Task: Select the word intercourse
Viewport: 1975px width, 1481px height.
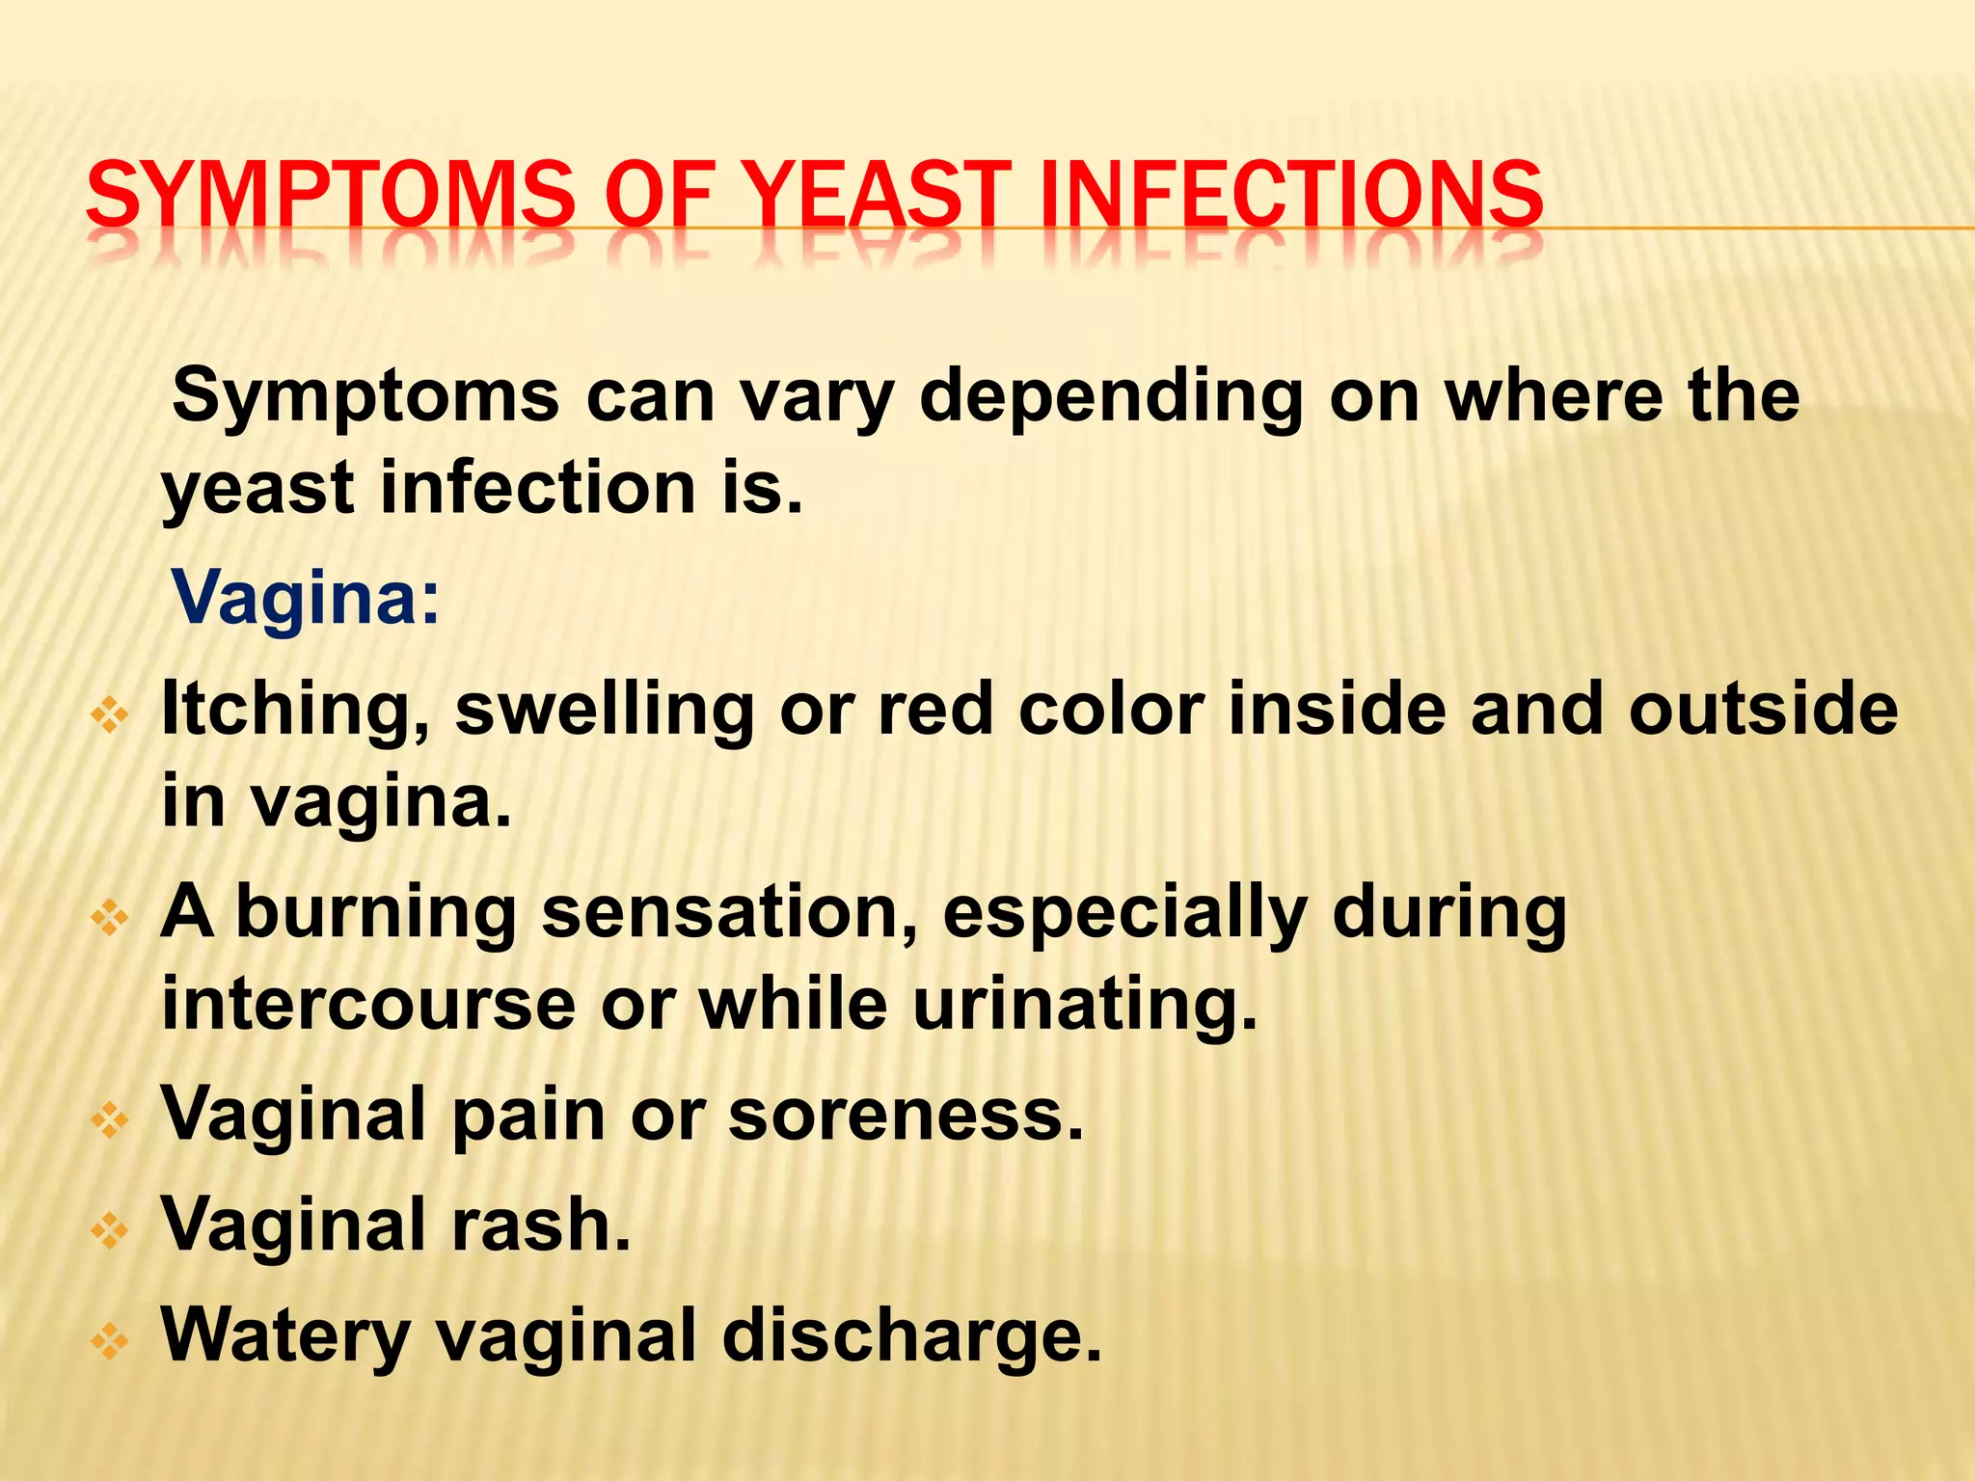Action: [369, 1004]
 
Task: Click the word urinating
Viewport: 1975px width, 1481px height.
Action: [1085, 1006]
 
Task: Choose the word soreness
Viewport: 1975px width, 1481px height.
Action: [906, 1115]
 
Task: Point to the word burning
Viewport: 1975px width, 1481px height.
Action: [376, 913]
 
